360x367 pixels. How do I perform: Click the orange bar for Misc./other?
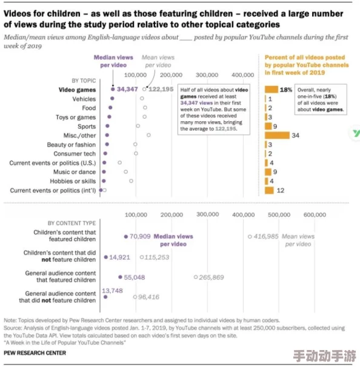click(x=277, y=136)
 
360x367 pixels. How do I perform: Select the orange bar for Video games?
click(x=271, y=90)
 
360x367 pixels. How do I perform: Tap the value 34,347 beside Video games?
click(x=128, y=89)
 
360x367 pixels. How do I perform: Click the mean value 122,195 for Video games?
click(x=161, y=89)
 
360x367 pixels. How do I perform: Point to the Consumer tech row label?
click(x=75, y=154)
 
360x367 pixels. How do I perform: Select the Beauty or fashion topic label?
click(x=71, y=145)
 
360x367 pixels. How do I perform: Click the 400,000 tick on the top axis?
click(x=244, y=74)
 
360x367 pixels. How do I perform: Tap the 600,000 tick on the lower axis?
click(x=315, y=214)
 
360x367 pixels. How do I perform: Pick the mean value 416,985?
click(x=265, y=236)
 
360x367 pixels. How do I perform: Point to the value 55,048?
click(x=135, y=277)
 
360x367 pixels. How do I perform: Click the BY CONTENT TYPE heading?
click(x=72, y=223)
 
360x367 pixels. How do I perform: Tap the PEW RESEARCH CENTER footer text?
click(x=35, y=352)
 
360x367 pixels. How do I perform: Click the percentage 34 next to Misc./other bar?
click(x=295, y=136)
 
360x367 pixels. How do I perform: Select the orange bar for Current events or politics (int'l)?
click(x=270, y=190)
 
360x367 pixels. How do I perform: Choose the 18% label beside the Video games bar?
click(x=286, y=90)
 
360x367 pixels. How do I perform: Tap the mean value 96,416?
click(x=149, y=297)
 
